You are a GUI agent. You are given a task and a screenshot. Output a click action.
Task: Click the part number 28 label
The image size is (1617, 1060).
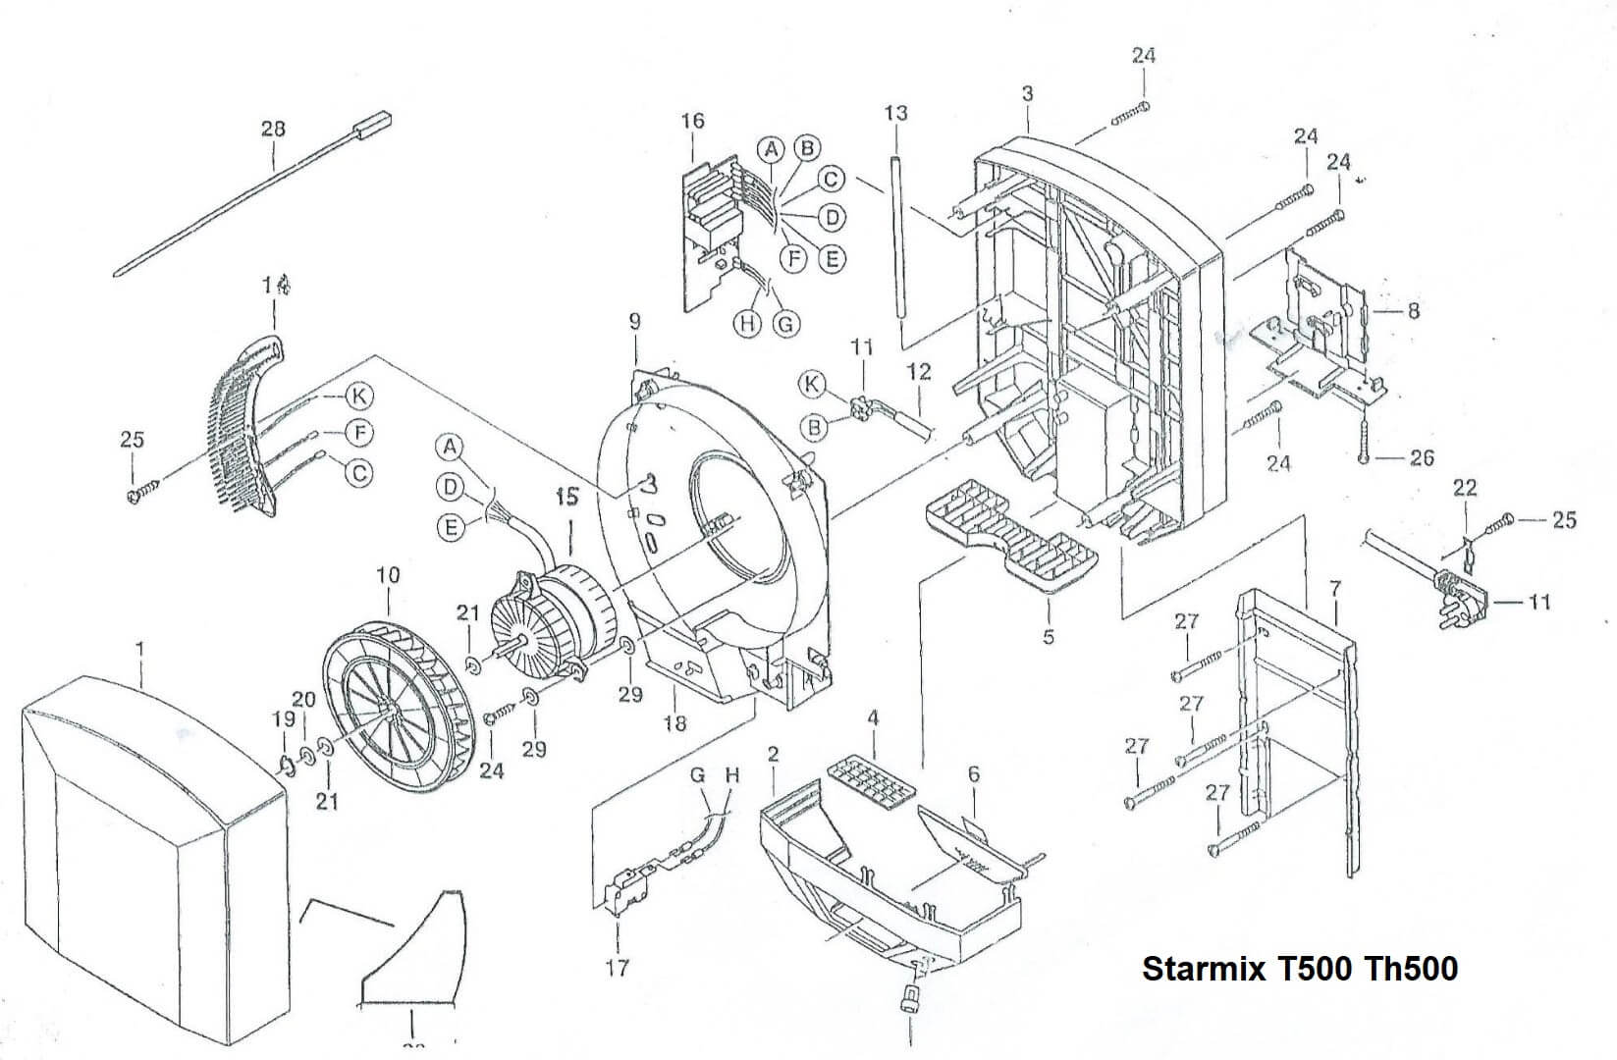pyautogui.click(x=273, y=129)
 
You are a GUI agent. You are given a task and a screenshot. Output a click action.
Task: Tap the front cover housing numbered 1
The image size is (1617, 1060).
pyautogui.click(x=147, y=854)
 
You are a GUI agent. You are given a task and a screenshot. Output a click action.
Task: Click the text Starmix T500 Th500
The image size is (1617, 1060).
pyautogui.click(x=1299, y=969)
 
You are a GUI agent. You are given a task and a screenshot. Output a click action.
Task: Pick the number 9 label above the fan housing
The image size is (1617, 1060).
pyautogui.click(x=634, y=321)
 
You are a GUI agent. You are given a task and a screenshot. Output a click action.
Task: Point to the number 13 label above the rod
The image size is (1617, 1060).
pyautogui.click(x=895, y=113)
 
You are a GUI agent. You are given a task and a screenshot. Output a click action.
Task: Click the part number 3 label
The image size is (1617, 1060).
pyautogui.click(x=1027, y=94)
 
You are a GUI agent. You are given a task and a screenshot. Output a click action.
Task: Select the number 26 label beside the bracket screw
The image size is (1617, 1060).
pyautogui.click(x=1422, y=457)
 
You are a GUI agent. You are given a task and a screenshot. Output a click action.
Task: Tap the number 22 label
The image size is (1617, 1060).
pyautogui.click(x=1464, y=488)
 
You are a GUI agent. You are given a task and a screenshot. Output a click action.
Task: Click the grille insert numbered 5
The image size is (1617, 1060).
pyautogui.click(x=1011, y=535)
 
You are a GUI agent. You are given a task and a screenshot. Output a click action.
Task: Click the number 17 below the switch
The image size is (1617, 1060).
pyautogui.click(x=617, y=968)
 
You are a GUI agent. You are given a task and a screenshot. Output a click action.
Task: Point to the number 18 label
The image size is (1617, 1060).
pyautogui.click(x=674, y=723)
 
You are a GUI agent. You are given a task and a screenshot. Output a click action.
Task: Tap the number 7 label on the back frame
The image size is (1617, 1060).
pyautogui.click(x=1334, y=589)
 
